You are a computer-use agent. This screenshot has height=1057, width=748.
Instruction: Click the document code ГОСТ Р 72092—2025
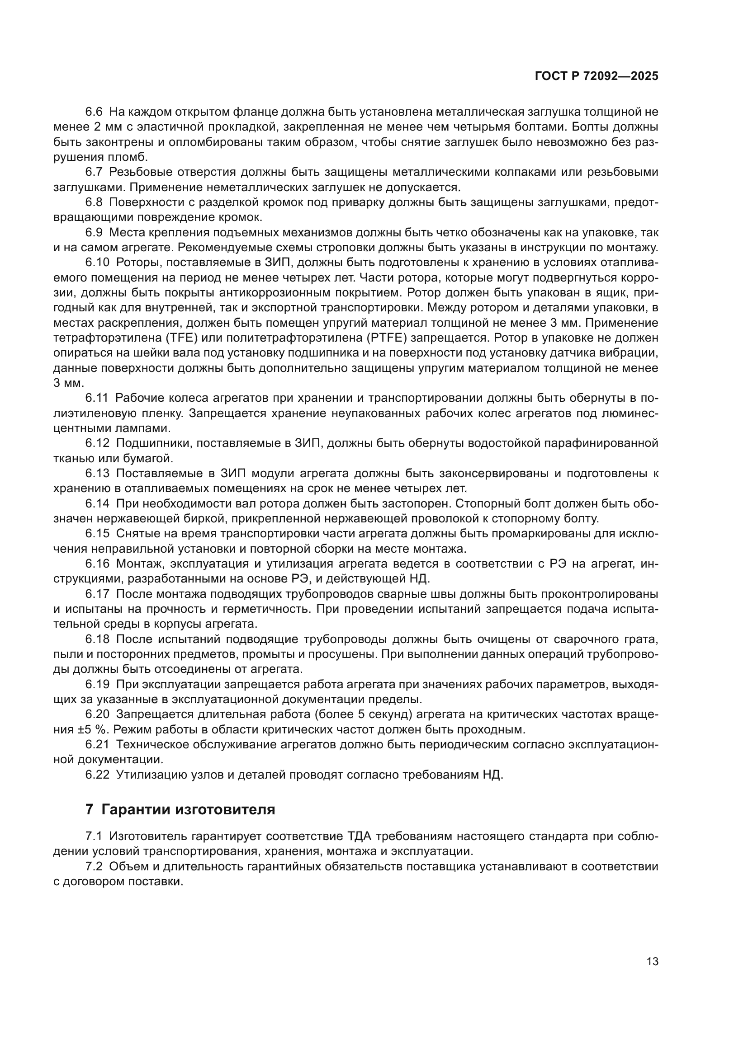click(597, 76)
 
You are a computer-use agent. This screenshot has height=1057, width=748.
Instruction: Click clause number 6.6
click(95, 112)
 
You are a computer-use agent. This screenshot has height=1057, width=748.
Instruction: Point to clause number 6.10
click(97, 263)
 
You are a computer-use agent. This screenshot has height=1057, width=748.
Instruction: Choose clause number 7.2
click(95, 866)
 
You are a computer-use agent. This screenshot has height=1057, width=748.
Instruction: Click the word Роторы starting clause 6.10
click(138, 263)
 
